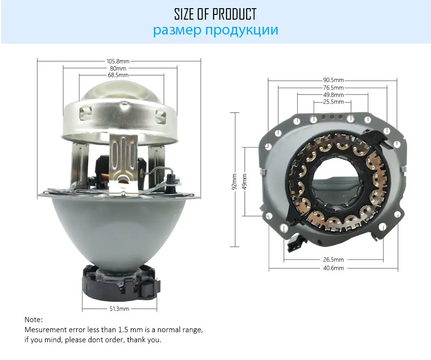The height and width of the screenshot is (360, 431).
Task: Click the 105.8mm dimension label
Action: [118, 61]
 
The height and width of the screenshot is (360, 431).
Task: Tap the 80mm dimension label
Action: [118, 68]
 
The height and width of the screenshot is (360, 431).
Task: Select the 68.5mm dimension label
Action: [118, 75]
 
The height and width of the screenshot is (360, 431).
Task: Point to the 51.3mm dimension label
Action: [119, 309]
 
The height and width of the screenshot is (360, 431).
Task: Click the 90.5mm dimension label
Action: [333, 80]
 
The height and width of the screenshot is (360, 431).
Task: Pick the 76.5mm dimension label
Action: [333, 88]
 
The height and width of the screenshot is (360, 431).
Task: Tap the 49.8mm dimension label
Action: [333, 95]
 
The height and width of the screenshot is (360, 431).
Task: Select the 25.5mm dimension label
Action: [333, 102]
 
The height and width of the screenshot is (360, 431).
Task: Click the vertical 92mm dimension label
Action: [234, 182]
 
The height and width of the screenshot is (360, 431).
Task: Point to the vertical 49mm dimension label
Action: [244, 182]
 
